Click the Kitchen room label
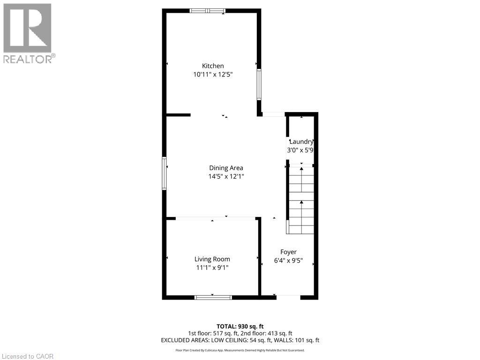(213, 66)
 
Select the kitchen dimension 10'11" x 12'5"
(213, 75)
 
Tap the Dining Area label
(226, 168)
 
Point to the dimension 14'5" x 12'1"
(226, 177)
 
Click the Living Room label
(212, 259)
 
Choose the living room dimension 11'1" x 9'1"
(212, 268)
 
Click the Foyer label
(288, 252)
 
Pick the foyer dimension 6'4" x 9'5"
(288, 261)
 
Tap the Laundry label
(301, 142)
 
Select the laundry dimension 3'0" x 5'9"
(300, 150)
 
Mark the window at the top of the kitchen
(207, 11)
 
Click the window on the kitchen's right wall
(259, 84)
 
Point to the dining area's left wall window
(164, 173)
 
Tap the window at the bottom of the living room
(213, 297)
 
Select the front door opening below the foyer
(288, 296)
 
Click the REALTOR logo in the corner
(28, 33)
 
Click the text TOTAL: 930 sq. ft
(240, 326)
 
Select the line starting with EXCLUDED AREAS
(240, 340)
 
